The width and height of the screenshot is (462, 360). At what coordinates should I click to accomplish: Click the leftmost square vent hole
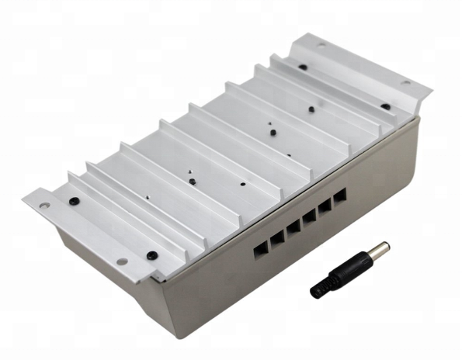pos(261,247)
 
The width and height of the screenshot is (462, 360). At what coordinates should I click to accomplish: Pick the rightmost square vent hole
pos(339,196)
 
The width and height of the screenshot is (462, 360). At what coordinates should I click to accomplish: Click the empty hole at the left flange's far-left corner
pos(45,206)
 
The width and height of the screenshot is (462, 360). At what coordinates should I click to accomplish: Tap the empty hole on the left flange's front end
pos(121,261)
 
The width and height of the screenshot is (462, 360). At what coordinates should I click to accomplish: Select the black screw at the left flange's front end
pos(152,254)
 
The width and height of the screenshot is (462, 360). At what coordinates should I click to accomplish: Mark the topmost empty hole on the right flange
pos(321,46)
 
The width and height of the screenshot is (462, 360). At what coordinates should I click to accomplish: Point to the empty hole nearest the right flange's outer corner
pos(405,83)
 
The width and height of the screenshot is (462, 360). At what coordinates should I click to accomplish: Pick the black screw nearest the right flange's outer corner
pos(386,106)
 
